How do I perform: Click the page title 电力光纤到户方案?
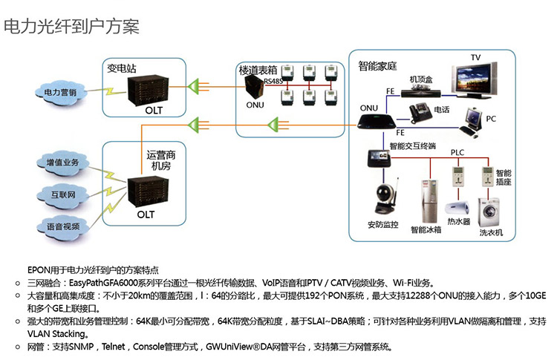click(x=71, y=27)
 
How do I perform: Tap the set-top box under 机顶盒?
click(x=420, y=92)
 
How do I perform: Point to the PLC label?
click(x=458, y=152)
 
